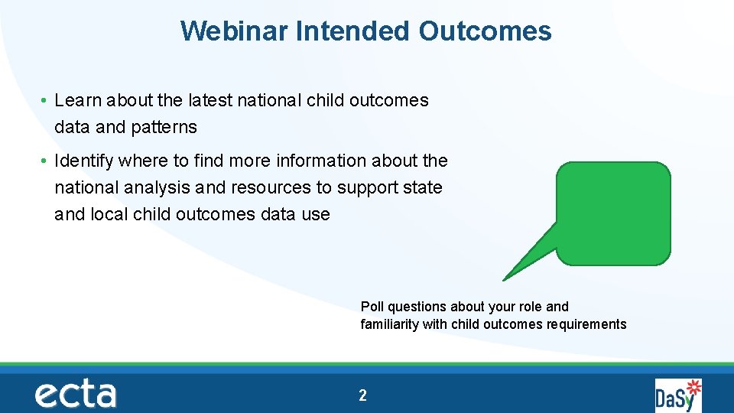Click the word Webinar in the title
tap(234, 31)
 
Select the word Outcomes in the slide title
tap(485, 31)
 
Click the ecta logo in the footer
tap(75, 395)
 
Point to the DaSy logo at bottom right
tap(678, 395)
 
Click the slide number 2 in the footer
tap(363, 395)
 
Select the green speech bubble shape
tap(613, 213)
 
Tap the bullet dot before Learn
tap(46, 101)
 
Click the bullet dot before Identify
tap(46, 161)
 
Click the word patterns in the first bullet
tap(164, 127)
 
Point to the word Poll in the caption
tap(372, 307)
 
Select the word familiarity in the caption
tap(390, 324)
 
